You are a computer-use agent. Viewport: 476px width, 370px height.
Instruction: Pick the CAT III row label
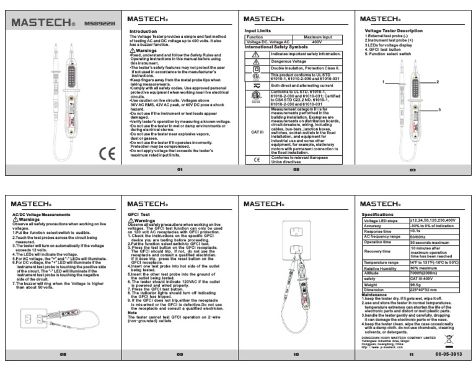pyautogui.click(x=257, y=132)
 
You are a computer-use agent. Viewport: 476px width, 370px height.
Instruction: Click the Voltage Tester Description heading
pyautogui.click(x=394, y=30)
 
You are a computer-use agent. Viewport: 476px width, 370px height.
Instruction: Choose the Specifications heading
pyautogui.click(x=378, y=214)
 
